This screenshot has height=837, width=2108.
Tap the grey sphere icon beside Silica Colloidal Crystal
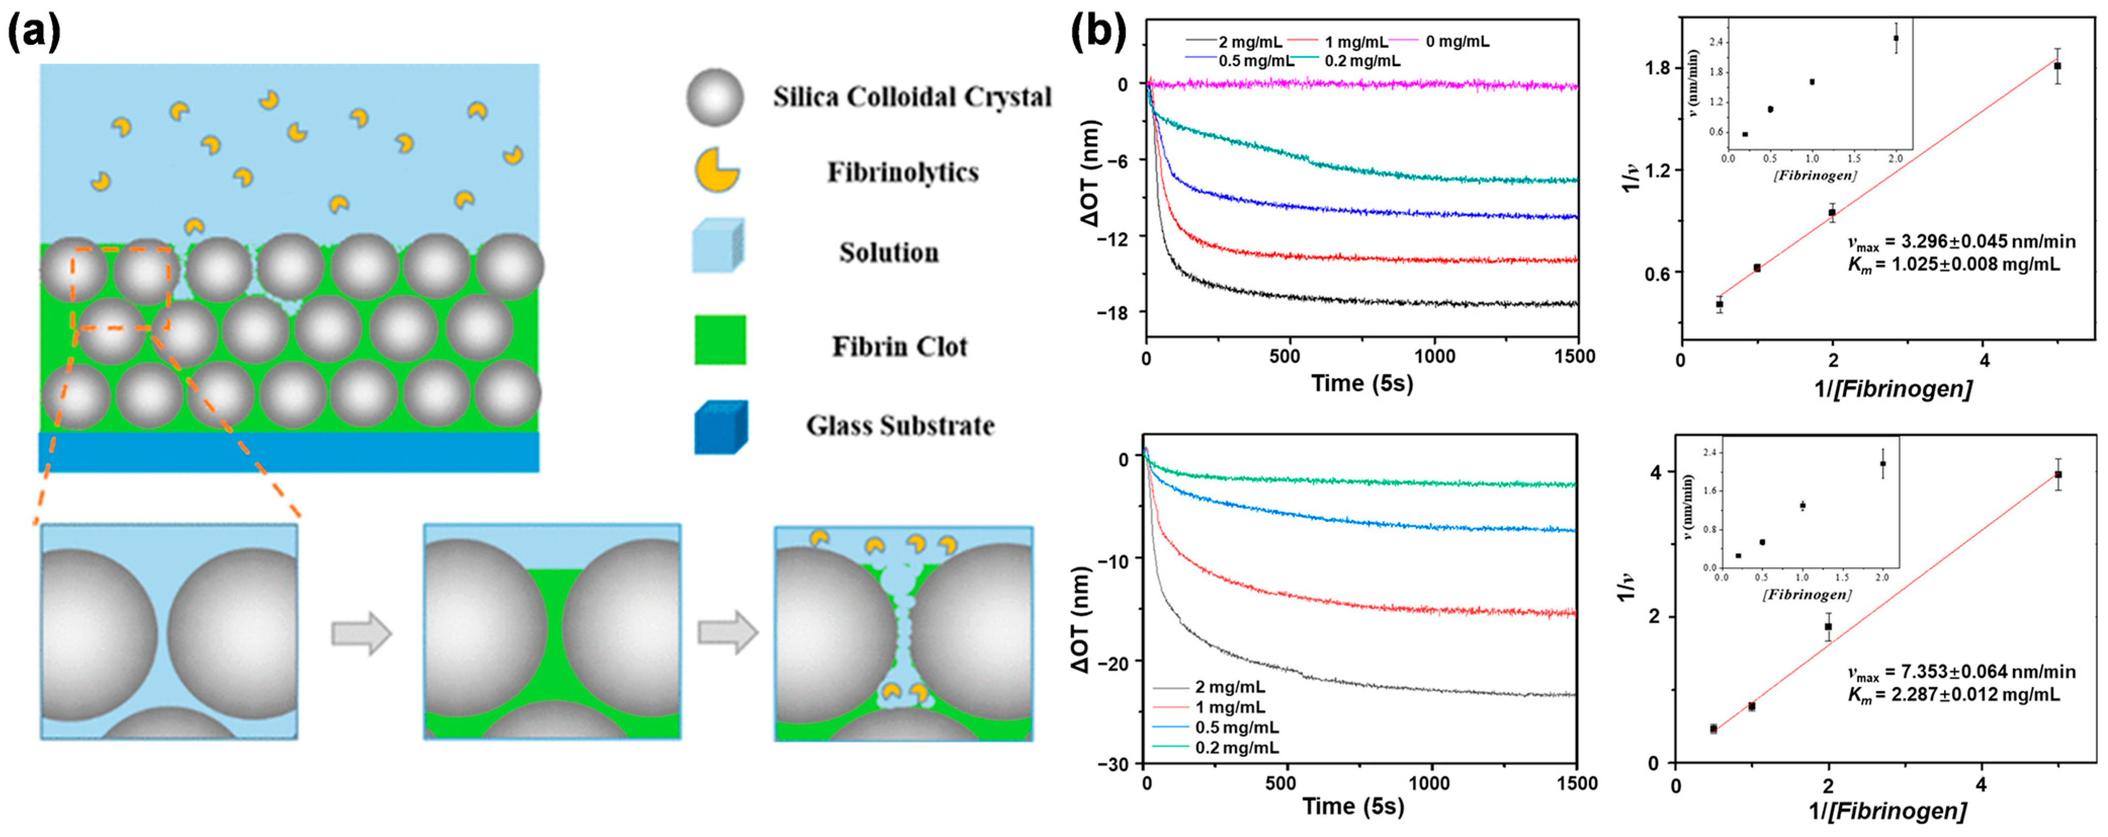pyautogui.click(x=715, y=97)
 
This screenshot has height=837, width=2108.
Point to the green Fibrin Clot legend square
pyautogui.click(x=720, y=339)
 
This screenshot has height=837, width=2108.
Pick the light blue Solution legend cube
pyautogui.click(x=719, y=245)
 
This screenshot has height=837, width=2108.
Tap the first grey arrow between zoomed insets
pyautogui.click(x=362, y=633)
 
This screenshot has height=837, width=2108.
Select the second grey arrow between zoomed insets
pyautogui.click(x=727, y=633)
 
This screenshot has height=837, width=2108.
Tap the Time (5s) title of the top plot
pyautogui.click(x=1362, y=383)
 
